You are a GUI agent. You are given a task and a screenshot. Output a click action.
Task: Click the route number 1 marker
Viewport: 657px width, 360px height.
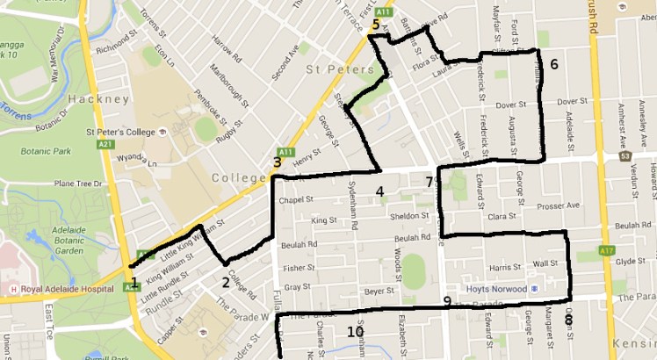pos(134,282)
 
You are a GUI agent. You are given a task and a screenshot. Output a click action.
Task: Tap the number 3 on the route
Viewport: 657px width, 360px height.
pos(278,162)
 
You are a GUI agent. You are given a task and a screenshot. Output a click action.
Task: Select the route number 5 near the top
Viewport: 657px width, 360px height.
pos(375,25)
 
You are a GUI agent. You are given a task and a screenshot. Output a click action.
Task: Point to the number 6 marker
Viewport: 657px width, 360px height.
pos(554,64)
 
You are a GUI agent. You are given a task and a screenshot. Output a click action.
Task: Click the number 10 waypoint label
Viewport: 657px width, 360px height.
pos(356,332)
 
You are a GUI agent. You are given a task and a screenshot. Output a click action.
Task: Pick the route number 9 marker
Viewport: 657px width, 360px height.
pos(447,302)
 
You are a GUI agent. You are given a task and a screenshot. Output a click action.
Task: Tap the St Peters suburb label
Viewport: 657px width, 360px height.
pos(332,68)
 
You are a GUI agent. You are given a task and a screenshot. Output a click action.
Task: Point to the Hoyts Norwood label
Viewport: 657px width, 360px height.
pos(497,289)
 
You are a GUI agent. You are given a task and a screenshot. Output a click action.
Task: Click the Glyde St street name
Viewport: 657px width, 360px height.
pos(630,262)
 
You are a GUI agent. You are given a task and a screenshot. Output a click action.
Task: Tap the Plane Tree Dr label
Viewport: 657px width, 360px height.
pos(78,184)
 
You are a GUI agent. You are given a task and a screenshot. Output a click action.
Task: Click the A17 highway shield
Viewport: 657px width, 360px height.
pos(605,252)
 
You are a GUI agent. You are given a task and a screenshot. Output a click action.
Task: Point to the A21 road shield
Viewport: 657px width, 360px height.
pos(108,143)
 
